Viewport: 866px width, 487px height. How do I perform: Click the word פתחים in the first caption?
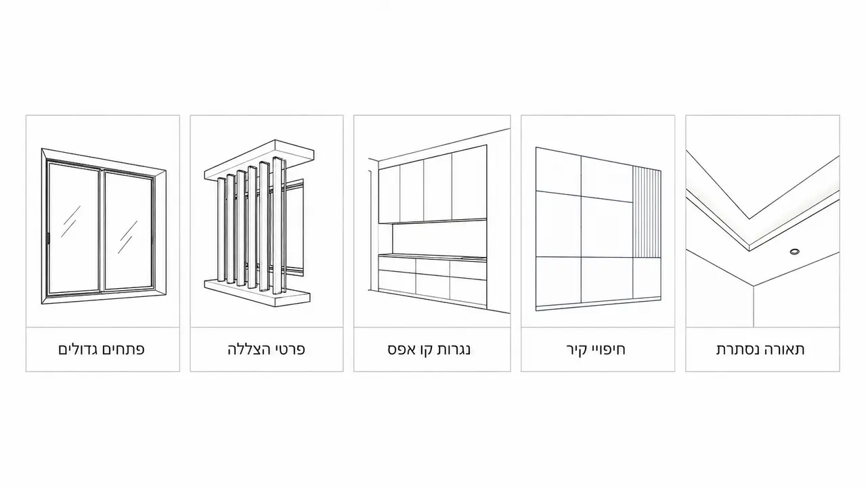[124, 349]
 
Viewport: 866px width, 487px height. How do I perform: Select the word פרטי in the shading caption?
[290, 349]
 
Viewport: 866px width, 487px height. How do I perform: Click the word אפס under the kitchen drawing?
[399, 349]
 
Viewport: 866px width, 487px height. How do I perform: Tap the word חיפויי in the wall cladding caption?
[608, 349]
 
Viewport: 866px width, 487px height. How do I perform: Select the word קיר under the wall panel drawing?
[576, 349]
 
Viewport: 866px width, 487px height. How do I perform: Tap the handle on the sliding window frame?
[48, 238]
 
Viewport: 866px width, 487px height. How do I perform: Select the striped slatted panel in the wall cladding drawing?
[647, 213]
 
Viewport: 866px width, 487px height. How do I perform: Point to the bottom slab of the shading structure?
[257, 293]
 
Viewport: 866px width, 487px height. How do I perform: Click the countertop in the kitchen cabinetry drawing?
[432, 256]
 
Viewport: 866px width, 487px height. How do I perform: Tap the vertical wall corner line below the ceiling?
[753, 306]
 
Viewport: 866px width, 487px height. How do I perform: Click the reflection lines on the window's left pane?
[71, 221]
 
